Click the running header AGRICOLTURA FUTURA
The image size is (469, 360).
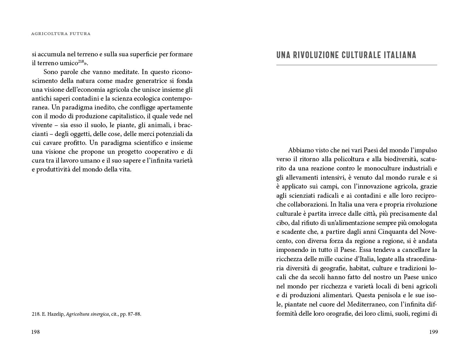click(x=61, y=34)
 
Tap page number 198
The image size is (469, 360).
click(x=35, y=332)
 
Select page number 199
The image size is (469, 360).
click(x=434, y=332)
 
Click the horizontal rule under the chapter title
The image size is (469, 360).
click(x=356, y=65)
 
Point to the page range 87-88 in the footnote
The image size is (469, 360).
click(x=133, y=314)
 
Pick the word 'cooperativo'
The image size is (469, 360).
click(x=162, y=152)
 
